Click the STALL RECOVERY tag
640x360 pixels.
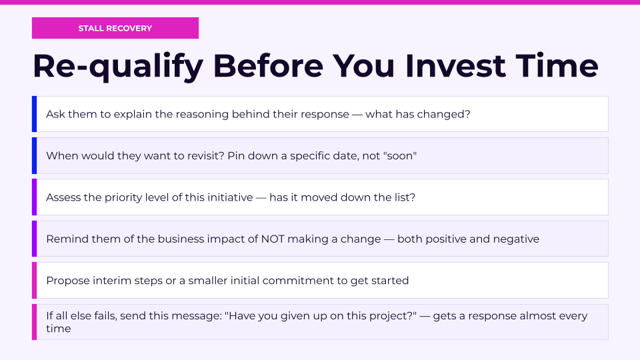pos(115,28)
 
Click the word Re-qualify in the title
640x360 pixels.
pos(118,67)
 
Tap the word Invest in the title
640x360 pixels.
pos(455,66)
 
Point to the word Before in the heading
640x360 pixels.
pos(268,66)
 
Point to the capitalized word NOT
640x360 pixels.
pos(273,239)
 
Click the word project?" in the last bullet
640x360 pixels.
pos(392,316)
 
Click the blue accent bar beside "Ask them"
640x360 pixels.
pos(34,114)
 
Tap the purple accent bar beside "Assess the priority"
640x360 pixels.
pos(34,197)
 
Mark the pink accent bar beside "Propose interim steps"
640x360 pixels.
pos(34,281)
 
